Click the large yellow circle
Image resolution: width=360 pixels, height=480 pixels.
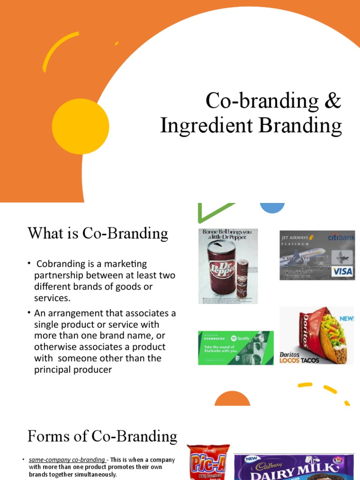tap(81, 127)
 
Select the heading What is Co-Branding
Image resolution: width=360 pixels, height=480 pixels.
tap(97, 233)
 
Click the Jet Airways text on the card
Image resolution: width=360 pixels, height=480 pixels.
tap(295, 238)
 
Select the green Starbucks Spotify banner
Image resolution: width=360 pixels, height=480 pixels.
tap(236, 347)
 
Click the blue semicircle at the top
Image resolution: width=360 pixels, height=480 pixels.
tap(272, 208)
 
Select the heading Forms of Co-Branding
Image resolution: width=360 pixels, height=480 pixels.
tap(102, 436)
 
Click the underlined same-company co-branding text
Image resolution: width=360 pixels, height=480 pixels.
tap(67, 460)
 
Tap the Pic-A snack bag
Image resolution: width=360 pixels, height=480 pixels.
tap(208, 462)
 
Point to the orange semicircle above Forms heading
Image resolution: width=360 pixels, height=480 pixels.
tap(232, 399)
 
